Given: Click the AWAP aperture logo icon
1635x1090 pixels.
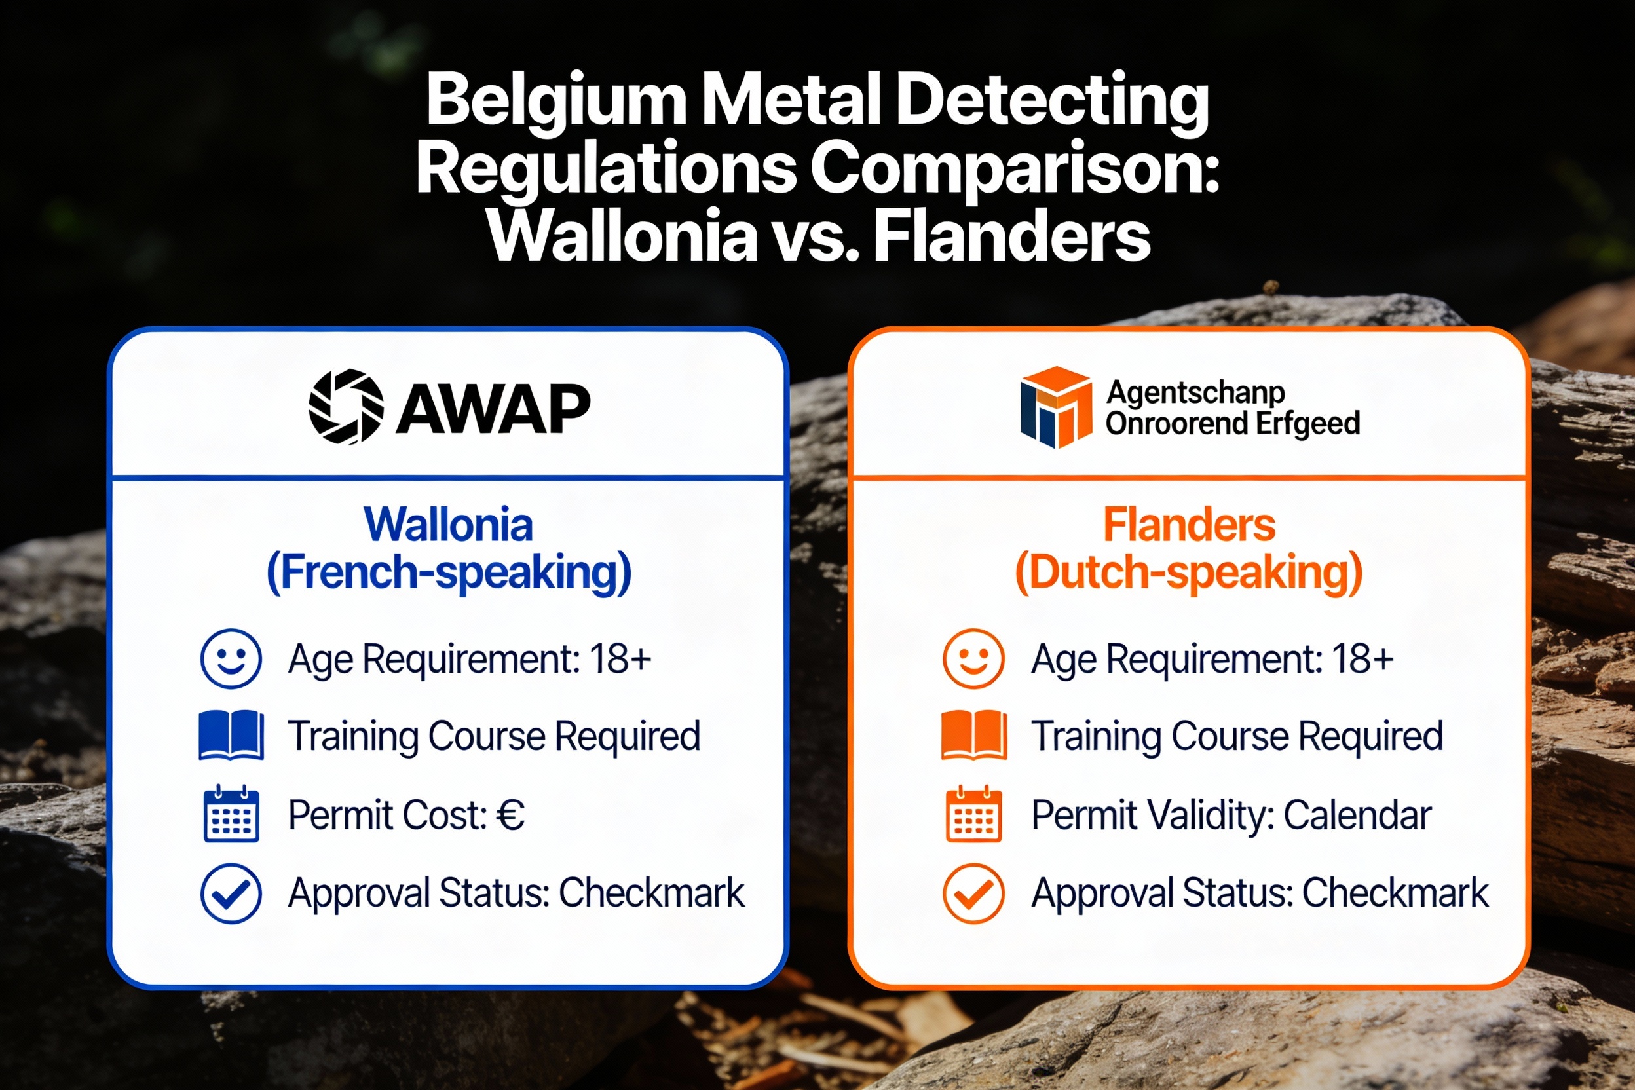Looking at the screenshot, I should pyautogui.click(x=345, y=407).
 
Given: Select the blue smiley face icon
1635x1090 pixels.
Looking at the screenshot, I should pyautogui.click(x=231, y=658).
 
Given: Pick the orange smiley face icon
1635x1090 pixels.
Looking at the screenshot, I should pyautogui.click(x=973, y=658).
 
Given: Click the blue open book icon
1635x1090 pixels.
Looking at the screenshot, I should pyautogui.click(x=231, y=736).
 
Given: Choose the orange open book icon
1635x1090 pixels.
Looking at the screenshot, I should pyautogui.click(x=973, y=736).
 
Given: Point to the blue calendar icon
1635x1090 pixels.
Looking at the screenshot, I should pyautogui.click(x=231, y=814).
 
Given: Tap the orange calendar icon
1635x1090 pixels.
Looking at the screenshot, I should pyautogui.click(x=973, y=814).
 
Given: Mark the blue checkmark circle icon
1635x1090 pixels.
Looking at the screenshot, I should pyautogui.click(x=231, y=893).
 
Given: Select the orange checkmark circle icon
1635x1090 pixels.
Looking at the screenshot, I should pyautogui.click(x=973, y=893).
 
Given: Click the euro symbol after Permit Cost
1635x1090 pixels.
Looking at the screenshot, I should pyautogui.click(x=510, y=815).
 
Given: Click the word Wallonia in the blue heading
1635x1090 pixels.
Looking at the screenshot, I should pyautogui.click(x=448, y=525).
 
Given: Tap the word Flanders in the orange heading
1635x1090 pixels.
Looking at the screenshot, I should pyautogui.click(x=1190, y=525).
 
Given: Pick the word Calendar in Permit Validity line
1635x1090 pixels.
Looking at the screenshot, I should pyautogui.click(x=1357, y=815).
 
